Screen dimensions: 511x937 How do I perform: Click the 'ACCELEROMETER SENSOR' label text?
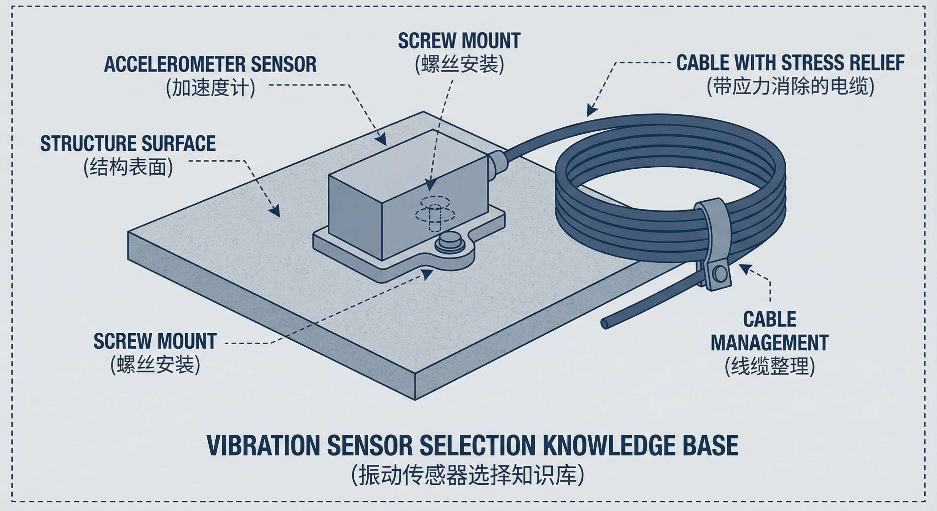pos(210,65)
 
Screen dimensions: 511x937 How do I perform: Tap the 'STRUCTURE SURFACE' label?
pos(128,144)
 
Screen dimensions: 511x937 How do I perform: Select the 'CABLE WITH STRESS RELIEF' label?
pos(790,63)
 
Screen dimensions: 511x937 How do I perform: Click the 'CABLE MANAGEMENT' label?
pos(770,331)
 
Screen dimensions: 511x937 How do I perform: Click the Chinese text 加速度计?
pos(210,87)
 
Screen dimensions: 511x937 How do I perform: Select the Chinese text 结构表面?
pos(128,167)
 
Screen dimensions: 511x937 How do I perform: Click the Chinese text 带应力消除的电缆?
pos(790,86)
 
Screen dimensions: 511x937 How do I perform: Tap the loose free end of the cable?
pos(605,323)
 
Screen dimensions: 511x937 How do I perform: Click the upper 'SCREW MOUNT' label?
pos(459,41)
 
